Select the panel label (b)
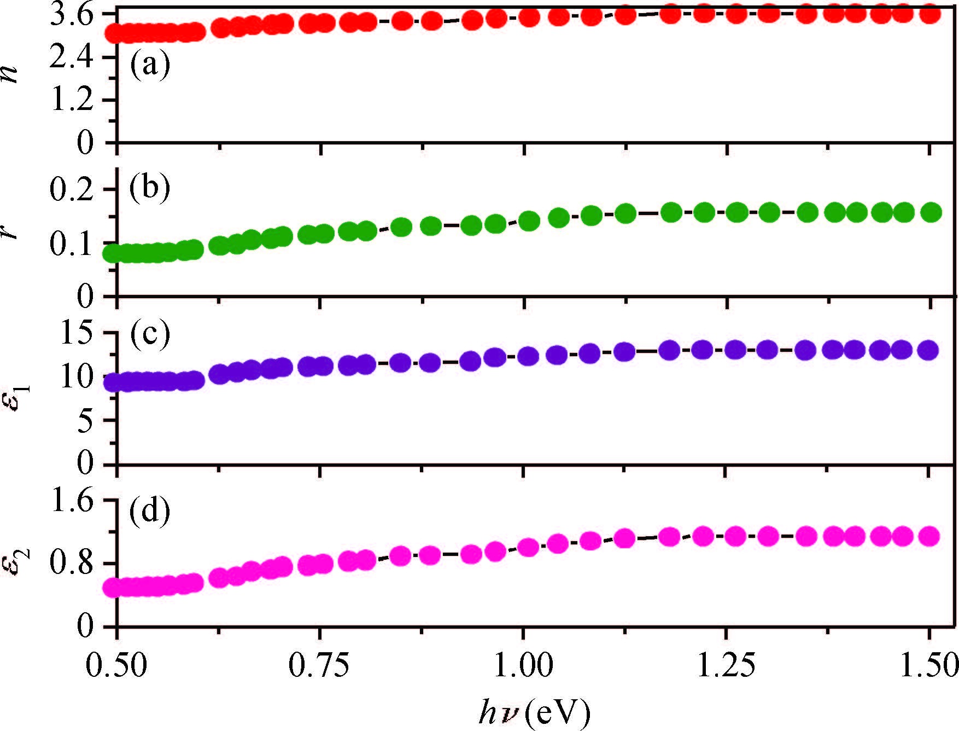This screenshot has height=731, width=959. [150, 188]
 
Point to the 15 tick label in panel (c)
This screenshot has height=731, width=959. [81, 334]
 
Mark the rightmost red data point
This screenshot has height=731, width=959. [929, 14]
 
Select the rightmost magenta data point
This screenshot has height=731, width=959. [929, 536]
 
